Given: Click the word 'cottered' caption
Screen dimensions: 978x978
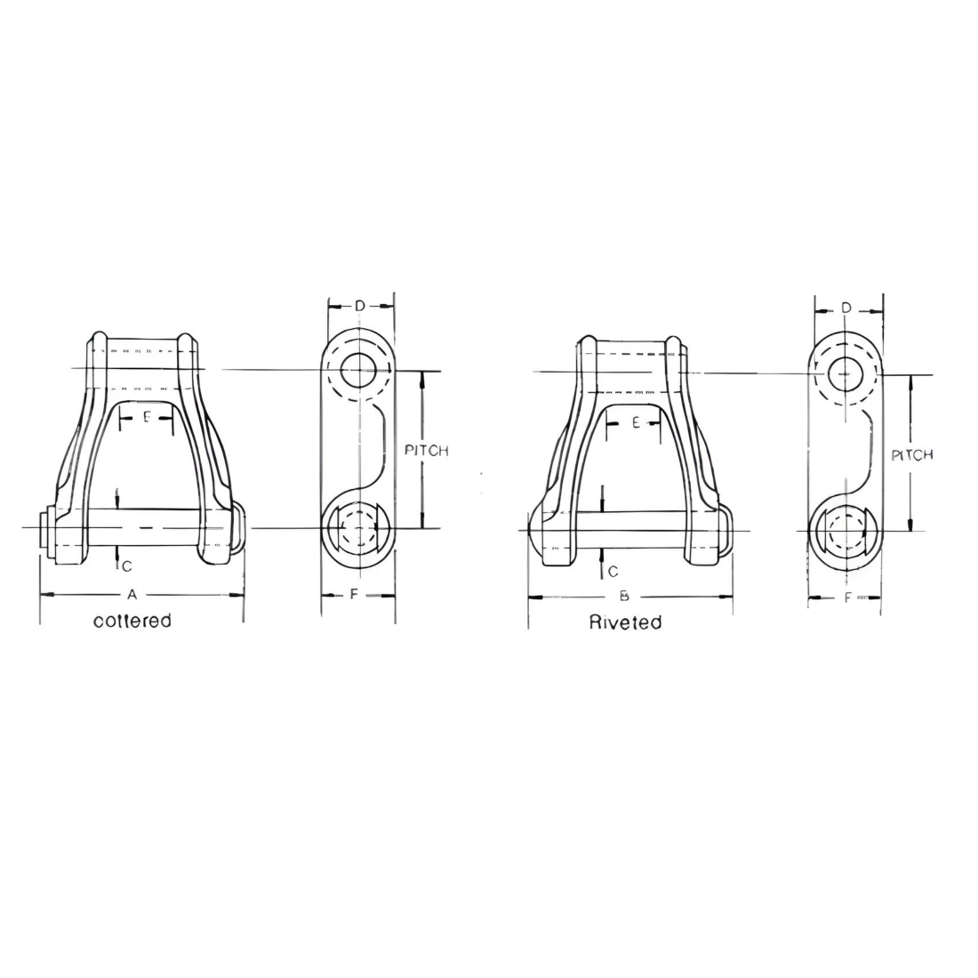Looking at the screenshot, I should (132, 621).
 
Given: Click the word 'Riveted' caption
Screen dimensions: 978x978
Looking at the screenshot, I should (625, 622).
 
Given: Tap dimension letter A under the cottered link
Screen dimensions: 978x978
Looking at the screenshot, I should (132, 593).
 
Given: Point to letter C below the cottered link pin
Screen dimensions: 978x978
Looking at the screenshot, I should (127, 565).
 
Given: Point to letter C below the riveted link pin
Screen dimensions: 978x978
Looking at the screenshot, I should (613, 572).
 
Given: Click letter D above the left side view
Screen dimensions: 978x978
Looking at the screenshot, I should (359, 306).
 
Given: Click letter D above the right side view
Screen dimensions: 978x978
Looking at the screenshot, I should (846, 308).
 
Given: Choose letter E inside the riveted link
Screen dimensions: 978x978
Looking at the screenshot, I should (636, 423).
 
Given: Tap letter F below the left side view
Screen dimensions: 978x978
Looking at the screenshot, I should (354, 594).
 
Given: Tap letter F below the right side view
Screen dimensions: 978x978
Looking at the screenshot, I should (846, 597).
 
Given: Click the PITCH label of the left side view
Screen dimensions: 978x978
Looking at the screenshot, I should (427, 451).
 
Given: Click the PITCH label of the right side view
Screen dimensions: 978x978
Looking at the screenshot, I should (912, 455).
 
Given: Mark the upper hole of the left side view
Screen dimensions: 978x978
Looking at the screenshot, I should (357, 366).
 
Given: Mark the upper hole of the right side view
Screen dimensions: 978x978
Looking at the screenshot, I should (845, 374).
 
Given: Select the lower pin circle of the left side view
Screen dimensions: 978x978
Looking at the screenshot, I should (357, 530).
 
